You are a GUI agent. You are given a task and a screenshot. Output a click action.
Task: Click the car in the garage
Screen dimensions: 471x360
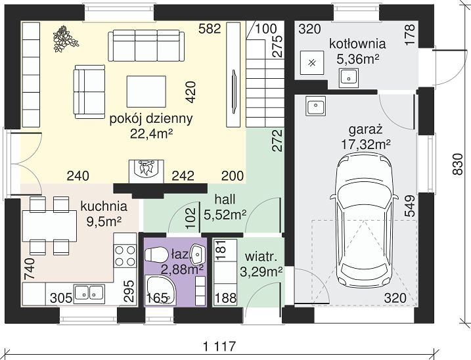[365, 220]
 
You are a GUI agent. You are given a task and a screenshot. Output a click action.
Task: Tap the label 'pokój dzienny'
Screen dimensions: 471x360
[151, 119]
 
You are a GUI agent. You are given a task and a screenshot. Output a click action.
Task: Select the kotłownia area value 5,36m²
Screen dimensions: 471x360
[357, 59]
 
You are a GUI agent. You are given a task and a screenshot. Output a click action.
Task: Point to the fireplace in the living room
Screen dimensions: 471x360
[146, 171]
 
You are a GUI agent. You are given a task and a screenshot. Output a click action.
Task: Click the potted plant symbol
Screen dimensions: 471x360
[65, 39]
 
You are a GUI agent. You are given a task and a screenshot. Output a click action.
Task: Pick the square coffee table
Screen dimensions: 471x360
[146, 91]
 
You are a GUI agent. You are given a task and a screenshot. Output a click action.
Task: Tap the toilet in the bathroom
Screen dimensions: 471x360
[156, 255]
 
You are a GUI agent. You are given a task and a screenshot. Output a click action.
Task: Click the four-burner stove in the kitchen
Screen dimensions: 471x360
[125, 256]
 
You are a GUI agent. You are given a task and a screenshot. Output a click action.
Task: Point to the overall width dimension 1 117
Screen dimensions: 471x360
[219, 346]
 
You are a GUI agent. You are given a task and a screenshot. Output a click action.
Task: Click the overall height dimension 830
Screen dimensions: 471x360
[457, 164]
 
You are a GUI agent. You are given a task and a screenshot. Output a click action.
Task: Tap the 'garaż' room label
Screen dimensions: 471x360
[365, 130]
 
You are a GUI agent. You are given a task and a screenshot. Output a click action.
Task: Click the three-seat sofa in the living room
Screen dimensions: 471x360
[146, 46]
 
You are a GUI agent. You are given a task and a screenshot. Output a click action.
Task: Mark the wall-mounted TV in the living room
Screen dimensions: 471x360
[235, 92]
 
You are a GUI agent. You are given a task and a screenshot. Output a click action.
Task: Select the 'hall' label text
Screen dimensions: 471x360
[225, 199]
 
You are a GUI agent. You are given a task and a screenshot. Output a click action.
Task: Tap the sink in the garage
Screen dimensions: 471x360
[315, 106]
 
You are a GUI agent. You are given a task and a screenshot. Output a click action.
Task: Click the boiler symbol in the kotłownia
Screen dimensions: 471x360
[312, 63]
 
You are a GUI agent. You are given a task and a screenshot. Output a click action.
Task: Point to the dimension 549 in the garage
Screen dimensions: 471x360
[410, 206]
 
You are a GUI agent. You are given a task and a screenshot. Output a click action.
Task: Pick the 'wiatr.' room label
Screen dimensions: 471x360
[261, 258]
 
